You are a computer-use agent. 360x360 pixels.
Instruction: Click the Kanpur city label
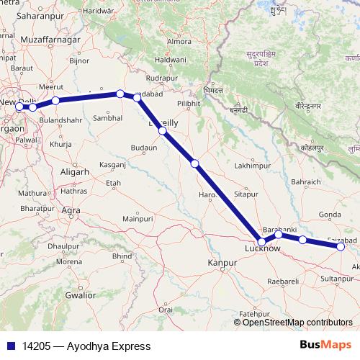pos(222,263)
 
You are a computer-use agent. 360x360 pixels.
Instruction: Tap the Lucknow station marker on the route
pos(263,242)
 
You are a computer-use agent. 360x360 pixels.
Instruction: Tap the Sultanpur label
pos(338,276)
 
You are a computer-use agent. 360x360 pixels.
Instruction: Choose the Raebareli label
pos(282,279)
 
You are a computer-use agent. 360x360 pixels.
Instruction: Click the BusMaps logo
pos(325,346)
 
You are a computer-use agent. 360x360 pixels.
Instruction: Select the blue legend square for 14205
pos(12,346)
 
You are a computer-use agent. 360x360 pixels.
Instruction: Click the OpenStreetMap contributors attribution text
pos(297,323)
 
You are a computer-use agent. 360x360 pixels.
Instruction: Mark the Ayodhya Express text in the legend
pos(109,346)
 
